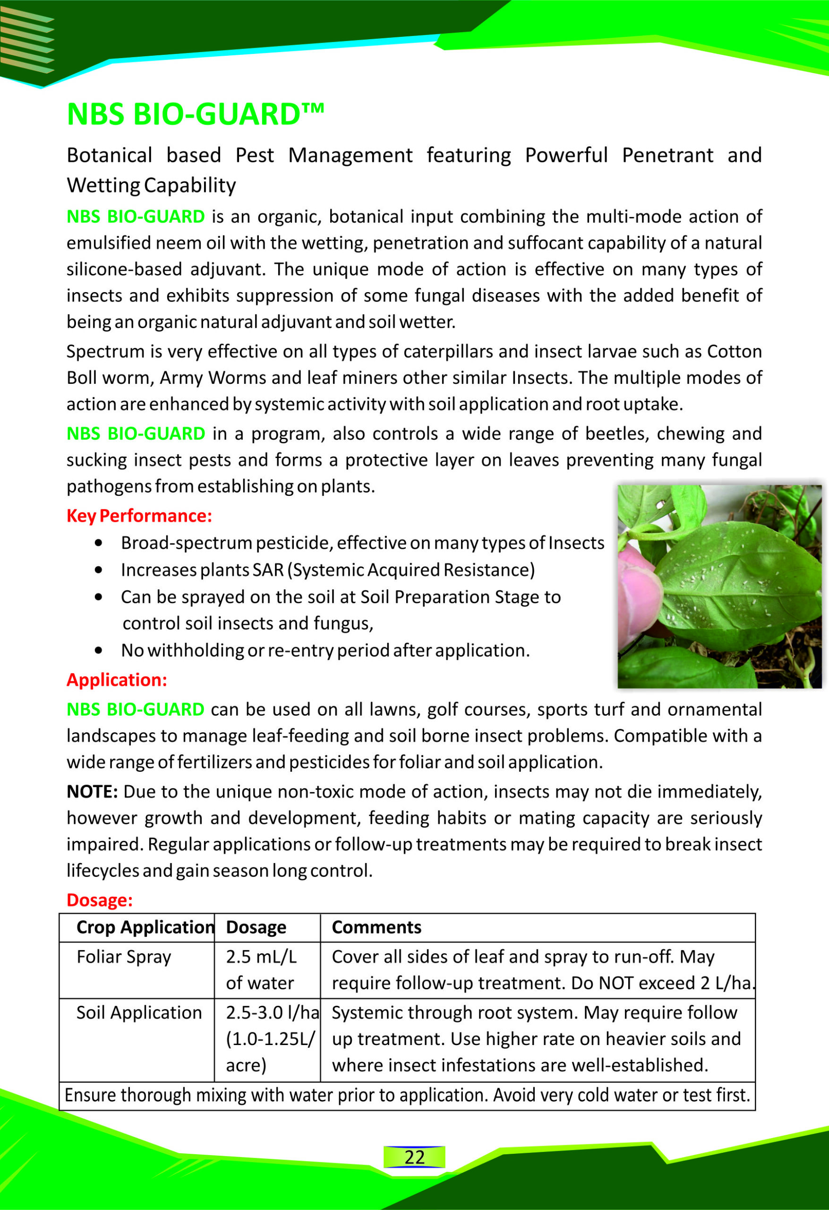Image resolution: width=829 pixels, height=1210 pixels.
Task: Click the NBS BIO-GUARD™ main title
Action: click(x=196, y=114)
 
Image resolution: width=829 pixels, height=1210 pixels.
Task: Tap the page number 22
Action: click(x=414, y=1157)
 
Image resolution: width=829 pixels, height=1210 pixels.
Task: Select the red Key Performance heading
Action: click(x=139, y=516)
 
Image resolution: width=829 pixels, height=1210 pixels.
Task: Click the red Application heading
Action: click(x=117, y=680)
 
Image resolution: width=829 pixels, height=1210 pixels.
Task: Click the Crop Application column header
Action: click(x=145, y=927)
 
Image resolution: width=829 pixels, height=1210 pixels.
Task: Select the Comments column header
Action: click(x=376, y=927)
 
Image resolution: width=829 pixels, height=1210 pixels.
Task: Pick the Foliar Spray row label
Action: click(x=124, y=957)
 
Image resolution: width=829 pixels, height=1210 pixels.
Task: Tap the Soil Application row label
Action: click(x=139, y=1013)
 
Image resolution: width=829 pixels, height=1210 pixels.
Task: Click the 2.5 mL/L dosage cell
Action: click(x=261, y=969)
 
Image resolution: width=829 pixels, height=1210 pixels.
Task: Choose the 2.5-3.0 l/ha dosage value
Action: click(x=272, y=1013)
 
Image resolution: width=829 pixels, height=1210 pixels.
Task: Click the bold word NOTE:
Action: click(x=93, y=791)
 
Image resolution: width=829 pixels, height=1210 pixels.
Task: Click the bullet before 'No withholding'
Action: click(x=99, y=650)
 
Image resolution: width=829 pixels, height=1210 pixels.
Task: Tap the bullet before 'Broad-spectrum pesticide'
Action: click(x=99, y=543)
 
